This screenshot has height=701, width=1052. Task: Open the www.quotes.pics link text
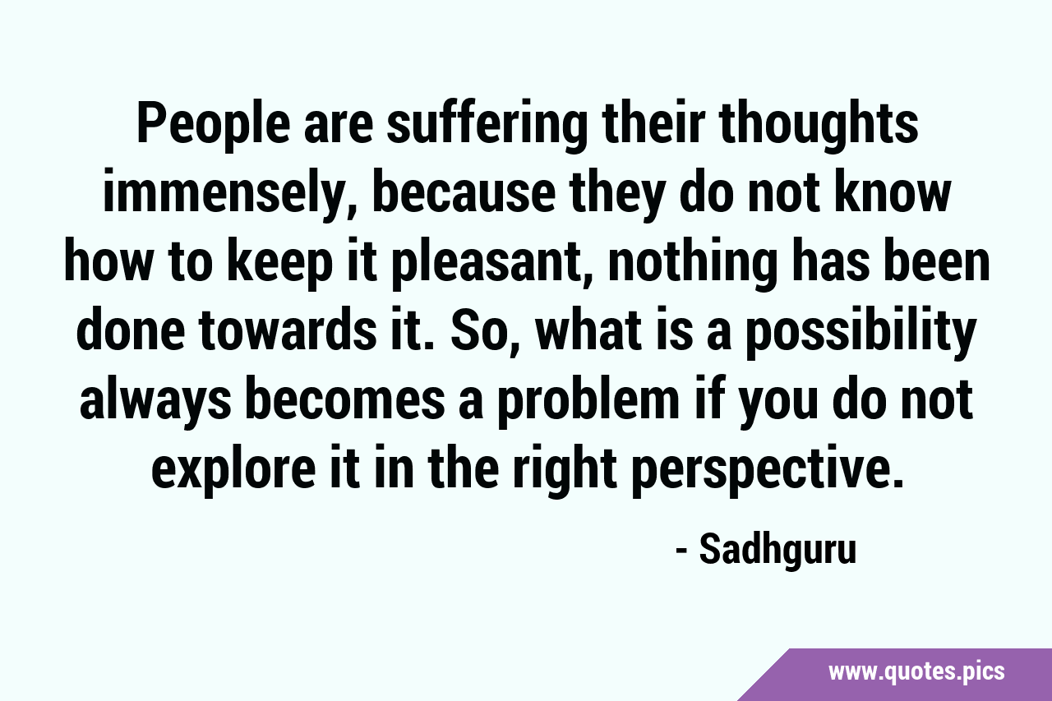tap(916, 672)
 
